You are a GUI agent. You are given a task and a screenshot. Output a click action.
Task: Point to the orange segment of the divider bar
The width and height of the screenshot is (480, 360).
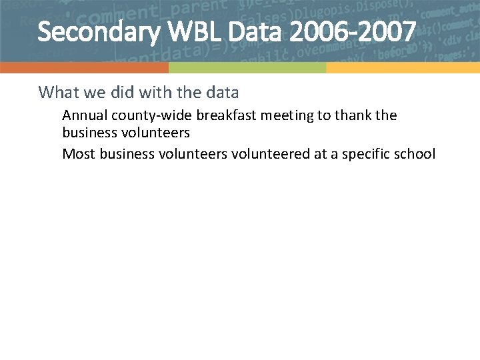click(84, 68)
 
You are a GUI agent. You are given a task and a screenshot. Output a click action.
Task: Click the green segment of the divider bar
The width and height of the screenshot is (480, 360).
click(247, 68)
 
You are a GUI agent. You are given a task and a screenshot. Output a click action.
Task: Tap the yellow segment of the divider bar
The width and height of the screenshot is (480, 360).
click(403, 68)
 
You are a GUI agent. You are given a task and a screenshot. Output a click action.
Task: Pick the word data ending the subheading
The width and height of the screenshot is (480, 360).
click(221, 92)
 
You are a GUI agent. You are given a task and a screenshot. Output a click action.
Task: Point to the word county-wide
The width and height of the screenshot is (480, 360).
click(148, 115)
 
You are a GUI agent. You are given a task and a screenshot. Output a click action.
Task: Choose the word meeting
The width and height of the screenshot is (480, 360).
click(287, 115)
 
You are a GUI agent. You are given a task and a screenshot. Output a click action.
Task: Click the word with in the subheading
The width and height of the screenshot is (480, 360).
click(153, 92)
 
